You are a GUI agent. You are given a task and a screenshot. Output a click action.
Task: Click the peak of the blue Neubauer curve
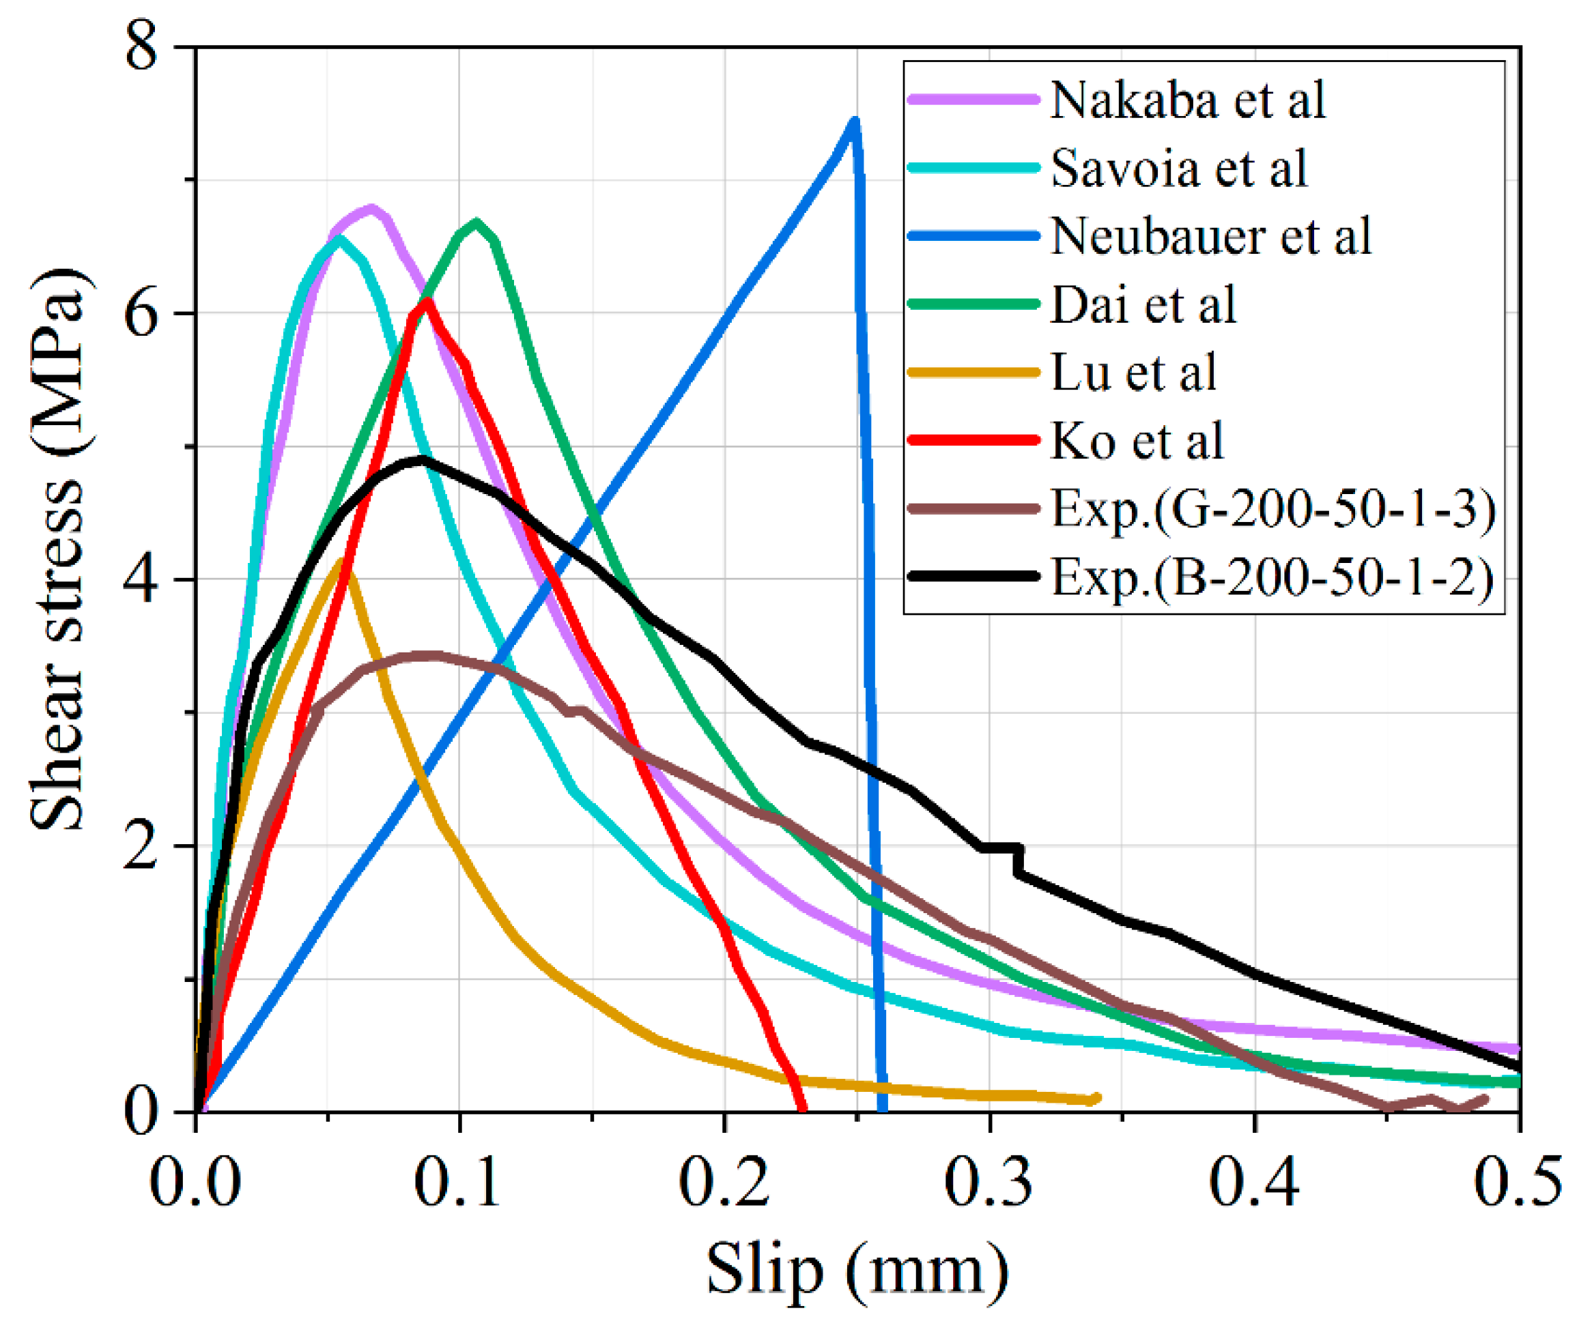tap(853, 121)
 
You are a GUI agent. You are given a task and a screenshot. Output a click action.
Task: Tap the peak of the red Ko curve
tap(427, 302)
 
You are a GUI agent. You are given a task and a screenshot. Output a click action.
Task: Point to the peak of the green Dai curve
tap(476, 222)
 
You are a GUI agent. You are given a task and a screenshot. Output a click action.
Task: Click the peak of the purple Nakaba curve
tap(371, 208)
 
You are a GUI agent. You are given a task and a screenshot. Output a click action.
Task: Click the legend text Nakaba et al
tap(1187, 100)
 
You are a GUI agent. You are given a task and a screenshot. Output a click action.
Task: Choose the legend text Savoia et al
tap(1178, 168)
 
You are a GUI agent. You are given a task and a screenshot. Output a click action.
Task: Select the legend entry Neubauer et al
tap(1210, 236)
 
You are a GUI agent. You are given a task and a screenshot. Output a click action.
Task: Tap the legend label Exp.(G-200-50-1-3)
tap(1273, 509)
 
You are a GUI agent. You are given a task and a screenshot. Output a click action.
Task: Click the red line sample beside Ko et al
tap(973, 439)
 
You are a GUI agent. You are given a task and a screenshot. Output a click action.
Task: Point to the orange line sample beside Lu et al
tap(973, 372)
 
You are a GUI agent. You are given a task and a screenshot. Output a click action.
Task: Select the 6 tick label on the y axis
tap(142, 314)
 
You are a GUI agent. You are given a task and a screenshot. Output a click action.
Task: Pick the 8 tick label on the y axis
tap(142, 48)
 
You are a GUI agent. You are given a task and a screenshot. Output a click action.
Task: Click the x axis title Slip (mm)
tap(857, 1270)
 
